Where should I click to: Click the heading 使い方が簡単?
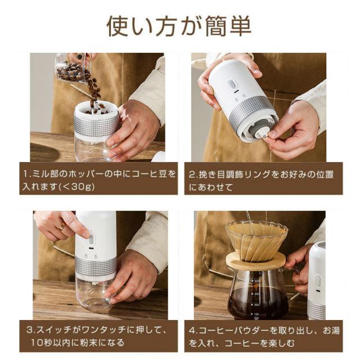tap(179, 26)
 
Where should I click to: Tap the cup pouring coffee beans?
tap(73, 69)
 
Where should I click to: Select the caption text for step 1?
tap(99, 180)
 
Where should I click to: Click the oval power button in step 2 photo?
tap(231, 84)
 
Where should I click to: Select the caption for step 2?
tap(260, 181)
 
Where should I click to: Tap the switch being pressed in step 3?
tap(91, 240)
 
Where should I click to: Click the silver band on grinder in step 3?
tap(96, 266)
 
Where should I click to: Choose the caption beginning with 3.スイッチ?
tap(96, 336)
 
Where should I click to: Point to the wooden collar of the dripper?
tap(255, 260)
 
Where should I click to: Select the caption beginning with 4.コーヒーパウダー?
tap(264, 336)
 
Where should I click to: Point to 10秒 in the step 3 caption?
tap(42, 343)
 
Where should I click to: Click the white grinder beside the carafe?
tap(317, 281)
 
